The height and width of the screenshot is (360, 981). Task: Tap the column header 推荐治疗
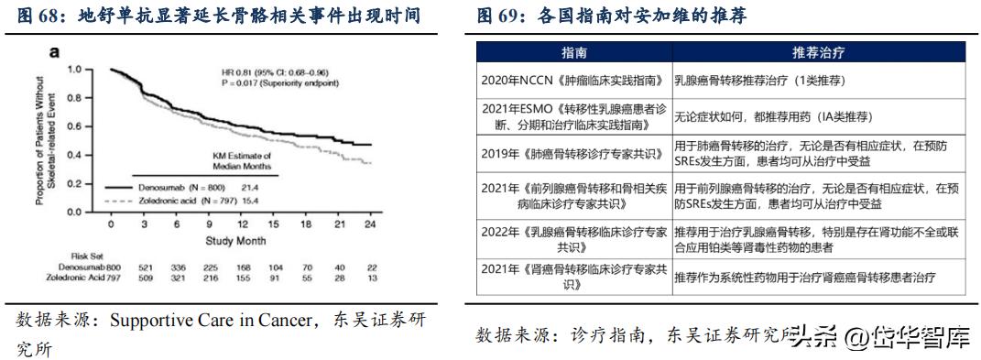pos(818,51)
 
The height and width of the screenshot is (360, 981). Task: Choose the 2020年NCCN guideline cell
pos(573,79)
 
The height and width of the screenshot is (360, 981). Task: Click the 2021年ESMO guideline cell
pos(573,115)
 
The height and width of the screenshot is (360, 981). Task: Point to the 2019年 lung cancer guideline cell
pos(573,151)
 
